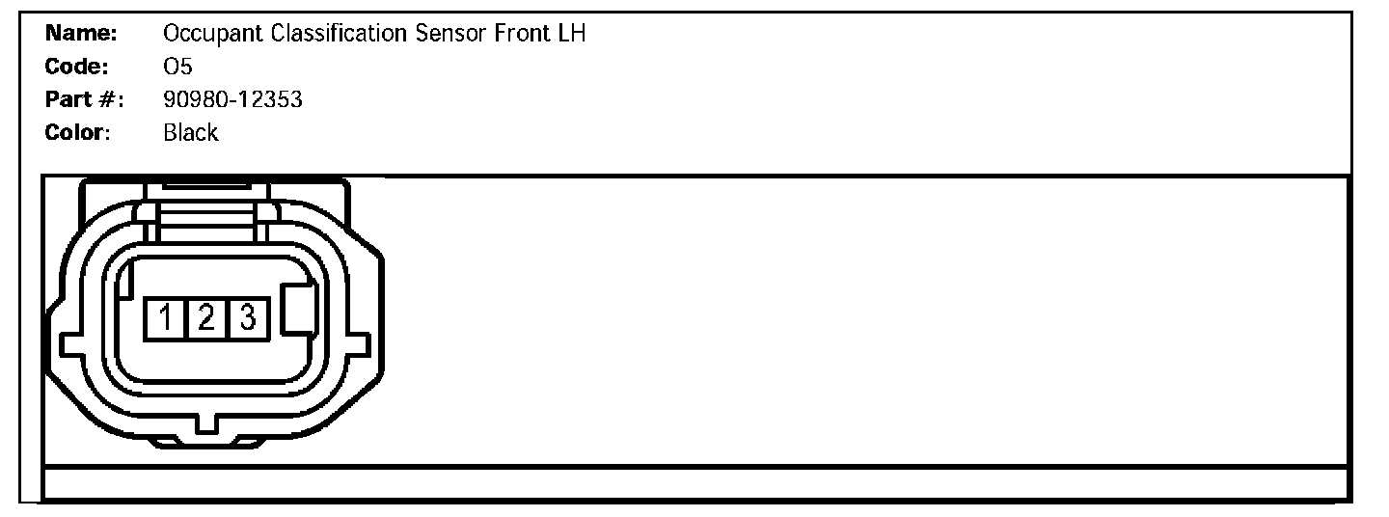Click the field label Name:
(x=81, y=34)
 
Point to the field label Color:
(x=78, y=132)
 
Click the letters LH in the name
(x=571, y=34)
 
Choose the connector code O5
(x=177, y=67)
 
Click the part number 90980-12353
(x=232, y=99)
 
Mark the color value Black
(x=191, y=132)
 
